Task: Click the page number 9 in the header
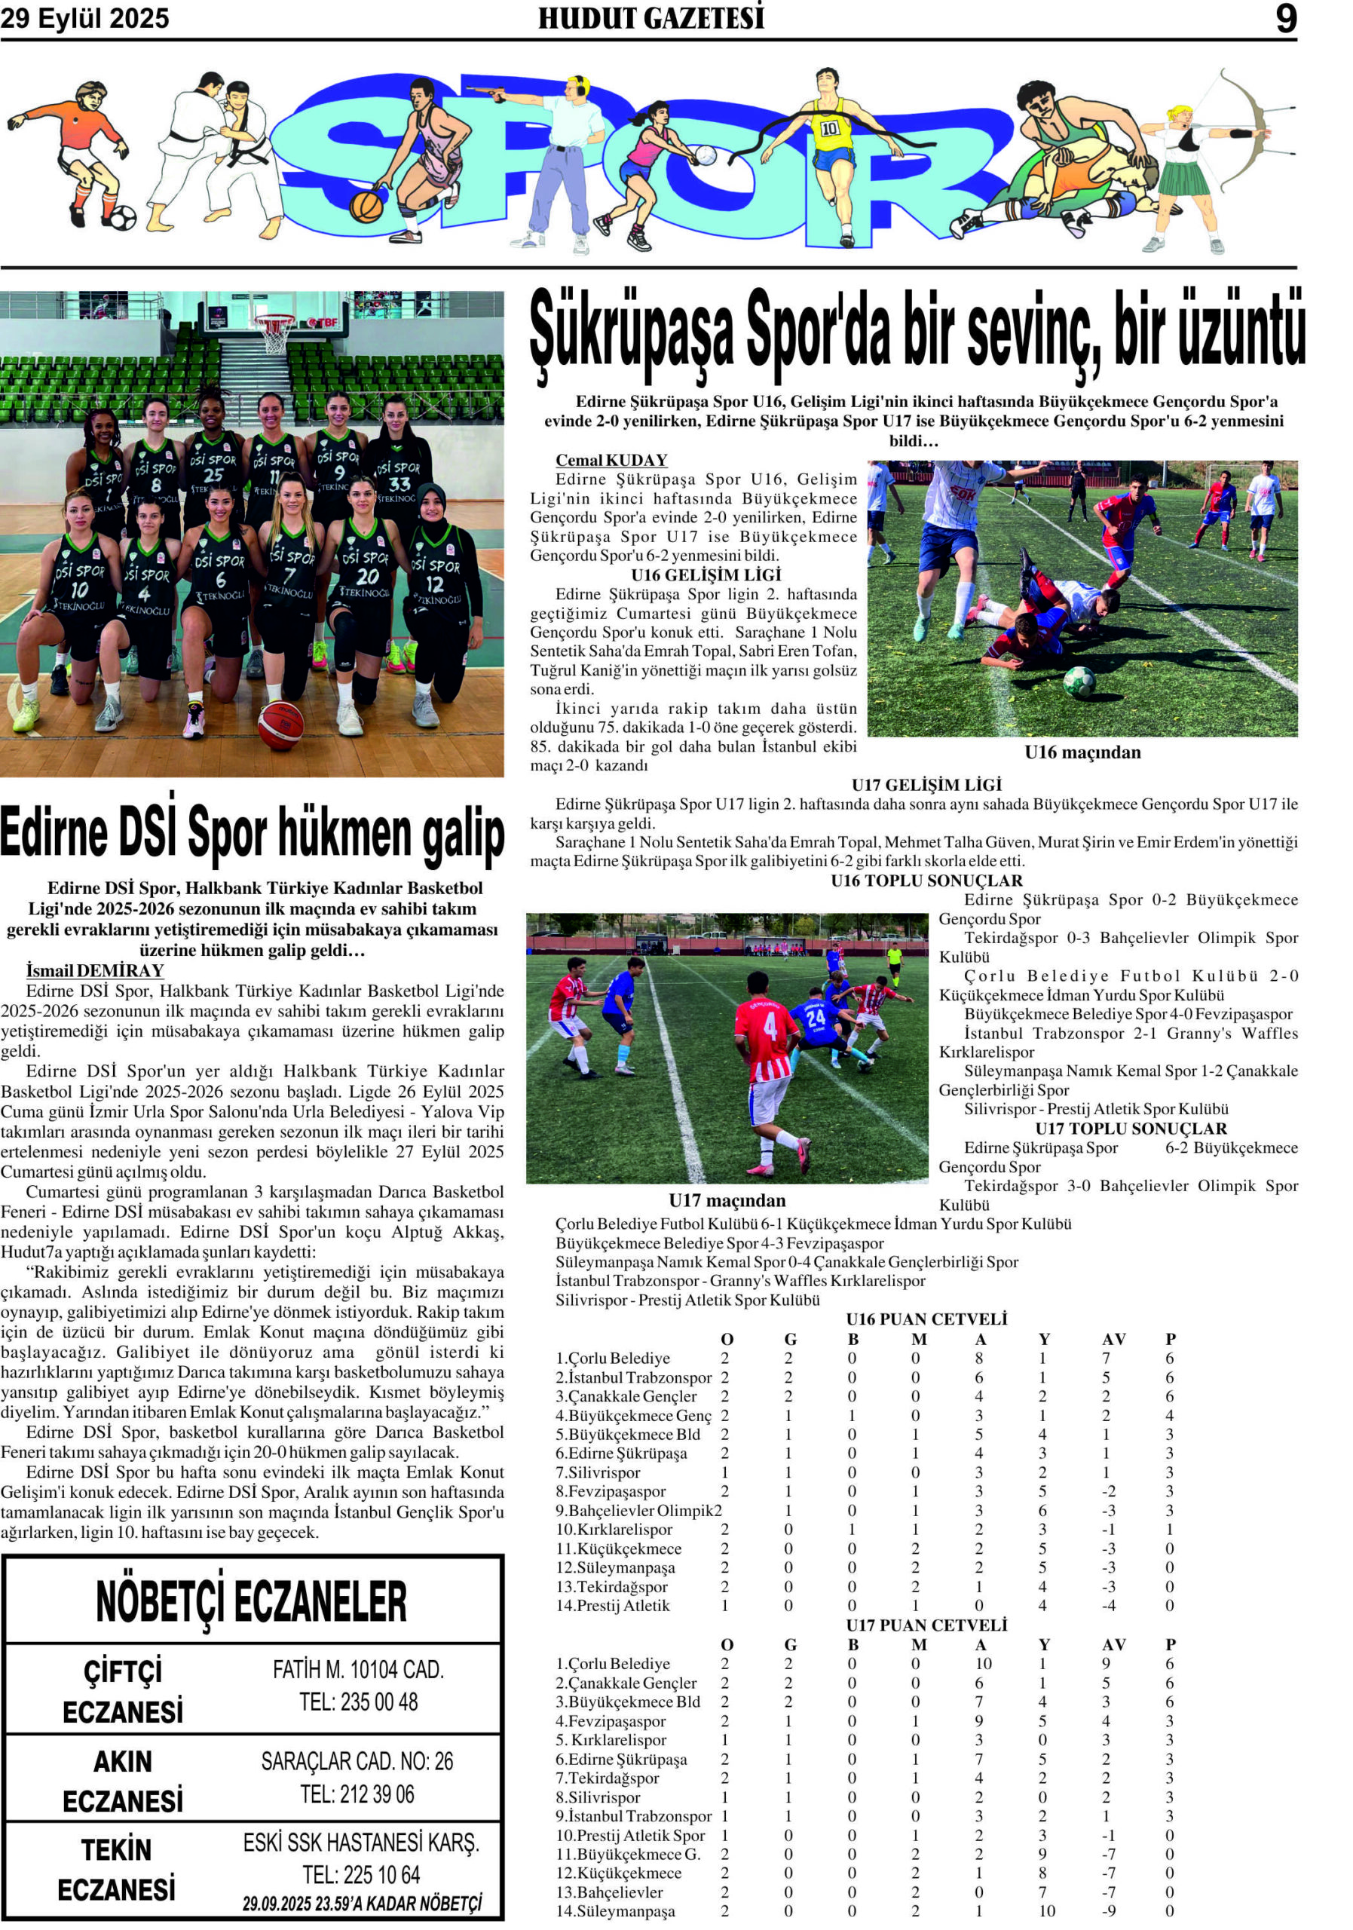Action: click(1286, 19)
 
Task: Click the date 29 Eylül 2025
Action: click(85, 19)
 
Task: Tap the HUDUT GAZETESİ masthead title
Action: click(651, 19)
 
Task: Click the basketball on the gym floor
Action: click(280, 725)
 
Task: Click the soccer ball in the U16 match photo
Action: click(1079, 682)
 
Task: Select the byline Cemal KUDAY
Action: click(611, 460)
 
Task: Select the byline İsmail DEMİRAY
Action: click(95, 971)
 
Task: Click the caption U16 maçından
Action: click(1082, 752)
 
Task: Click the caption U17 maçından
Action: click(727, 1200)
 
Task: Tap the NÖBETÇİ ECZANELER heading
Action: click(251, 1602)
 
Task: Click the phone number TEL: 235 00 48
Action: click(359, 1702)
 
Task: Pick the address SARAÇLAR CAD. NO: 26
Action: click(357, 1761)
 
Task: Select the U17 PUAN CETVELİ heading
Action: click(926, 1625)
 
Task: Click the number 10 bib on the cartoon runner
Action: click(829, 129)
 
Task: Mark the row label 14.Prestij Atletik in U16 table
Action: click(613, 1606)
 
